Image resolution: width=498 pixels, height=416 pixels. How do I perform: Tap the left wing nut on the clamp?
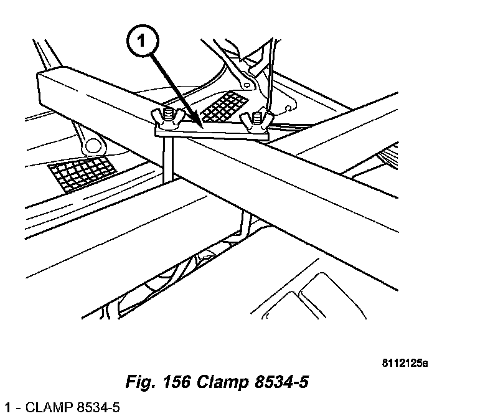click(164, 117)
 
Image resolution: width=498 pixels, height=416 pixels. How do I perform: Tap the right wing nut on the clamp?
click(255, 120)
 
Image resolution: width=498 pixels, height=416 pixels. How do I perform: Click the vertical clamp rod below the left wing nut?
click(167, 159)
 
